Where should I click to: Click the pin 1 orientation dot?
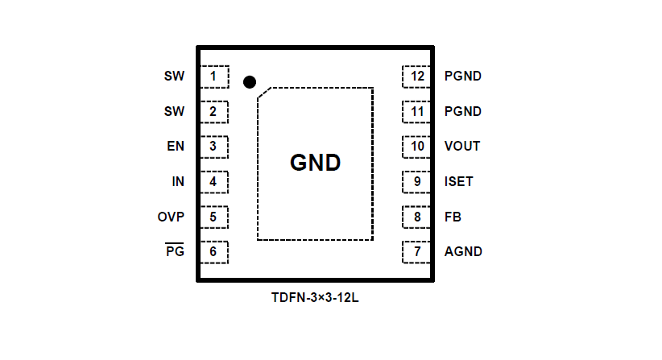(250, 81)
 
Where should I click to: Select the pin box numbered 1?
(213, 77)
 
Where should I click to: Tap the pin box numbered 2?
(213, 111)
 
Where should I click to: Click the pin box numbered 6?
(213, 251)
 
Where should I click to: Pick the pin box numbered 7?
(417, 251)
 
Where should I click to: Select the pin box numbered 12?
(417, 77)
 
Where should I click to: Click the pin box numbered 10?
(417, 147)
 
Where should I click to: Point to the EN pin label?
(176, 147)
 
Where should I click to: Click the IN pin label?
(178, 181)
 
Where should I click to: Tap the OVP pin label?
(171, 217)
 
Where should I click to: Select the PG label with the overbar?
(175, 251)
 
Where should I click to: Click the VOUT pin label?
(462, 147)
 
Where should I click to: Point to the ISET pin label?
(459, 181)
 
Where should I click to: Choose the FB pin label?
(453, 217)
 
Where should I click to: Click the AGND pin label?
(463, 251)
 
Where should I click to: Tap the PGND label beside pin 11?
(463, 111)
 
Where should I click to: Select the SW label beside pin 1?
(174, 77)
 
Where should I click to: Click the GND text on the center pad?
(315, 163)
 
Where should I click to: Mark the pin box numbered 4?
(213, 181)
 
